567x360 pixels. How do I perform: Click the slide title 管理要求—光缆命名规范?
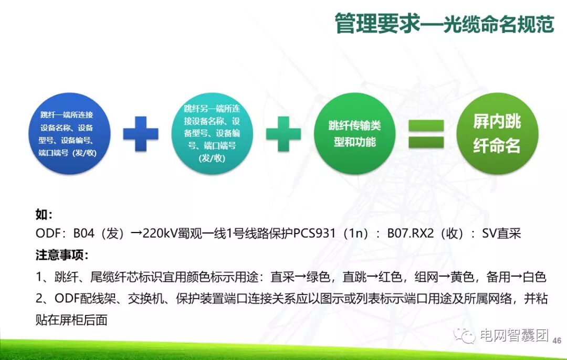[x=444, y=24]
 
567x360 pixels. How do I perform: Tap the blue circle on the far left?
[x=69, y=133]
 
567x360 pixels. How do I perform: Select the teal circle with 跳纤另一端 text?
[x=213, y=133]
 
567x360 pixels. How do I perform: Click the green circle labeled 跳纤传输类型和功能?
[x=354, y=134]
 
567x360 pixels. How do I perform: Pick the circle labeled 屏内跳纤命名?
[x=497, y=134]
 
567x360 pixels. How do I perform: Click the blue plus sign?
[x=141, y=134]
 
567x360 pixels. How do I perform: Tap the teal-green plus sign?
[x=283, y=134]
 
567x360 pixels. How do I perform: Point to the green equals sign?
[x=426, y=134]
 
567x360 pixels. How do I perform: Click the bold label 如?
[x=44, y=215]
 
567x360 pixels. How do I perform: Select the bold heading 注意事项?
[x=62, y=256]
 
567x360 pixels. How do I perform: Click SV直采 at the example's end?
[x=501, y=234]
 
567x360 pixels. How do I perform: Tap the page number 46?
[x=557, y=340]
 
